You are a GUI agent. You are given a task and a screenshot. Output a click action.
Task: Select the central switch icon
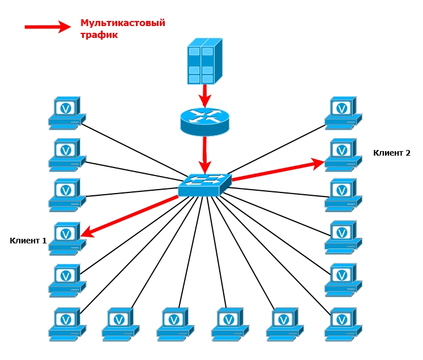(x=204, y=185)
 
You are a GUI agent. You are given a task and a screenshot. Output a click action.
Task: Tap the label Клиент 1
(x=28, y=241)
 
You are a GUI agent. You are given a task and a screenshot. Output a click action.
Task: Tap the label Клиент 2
(x=392, y=153)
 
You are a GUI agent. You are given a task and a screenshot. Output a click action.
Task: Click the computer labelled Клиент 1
(x=67, y=237)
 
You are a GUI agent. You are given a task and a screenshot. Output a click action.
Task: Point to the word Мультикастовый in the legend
(x=122, y=23)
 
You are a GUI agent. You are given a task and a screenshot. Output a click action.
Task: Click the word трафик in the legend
(x=99, y=35)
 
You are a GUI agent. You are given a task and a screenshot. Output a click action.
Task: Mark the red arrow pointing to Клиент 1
(x=130, y=215)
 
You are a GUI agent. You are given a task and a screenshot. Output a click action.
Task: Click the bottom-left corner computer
(x=67, y=323)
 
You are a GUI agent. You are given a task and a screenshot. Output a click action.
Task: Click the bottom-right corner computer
(x=343, y=323)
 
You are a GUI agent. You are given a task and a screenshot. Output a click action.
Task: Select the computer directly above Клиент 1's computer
(x=67, y=194)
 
